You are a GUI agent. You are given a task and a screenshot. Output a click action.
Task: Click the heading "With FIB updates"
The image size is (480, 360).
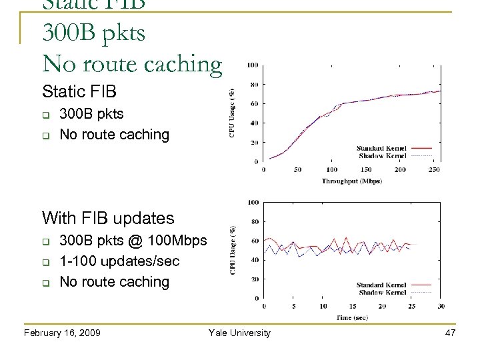(x=108, y=218)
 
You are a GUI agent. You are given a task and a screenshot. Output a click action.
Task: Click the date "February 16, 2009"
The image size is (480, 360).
(x=62, y=333)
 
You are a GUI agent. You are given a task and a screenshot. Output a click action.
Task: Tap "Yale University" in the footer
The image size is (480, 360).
(x=239, y=333)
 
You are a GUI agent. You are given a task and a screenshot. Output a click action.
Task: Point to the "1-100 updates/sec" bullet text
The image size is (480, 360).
(x=119, y=261)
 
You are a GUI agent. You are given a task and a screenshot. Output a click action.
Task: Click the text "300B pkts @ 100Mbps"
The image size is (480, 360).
(x=133, y=240)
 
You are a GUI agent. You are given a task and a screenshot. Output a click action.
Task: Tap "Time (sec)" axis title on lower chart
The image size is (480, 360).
(x=351, y=318)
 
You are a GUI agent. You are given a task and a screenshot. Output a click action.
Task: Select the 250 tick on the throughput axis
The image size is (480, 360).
(x=434, y=170)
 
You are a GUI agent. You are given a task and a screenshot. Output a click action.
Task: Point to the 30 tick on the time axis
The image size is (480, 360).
(x=440, y=307)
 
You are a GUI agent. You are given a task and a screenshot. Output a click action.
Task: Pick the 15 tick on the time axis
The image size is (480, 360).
(x=352, y=307)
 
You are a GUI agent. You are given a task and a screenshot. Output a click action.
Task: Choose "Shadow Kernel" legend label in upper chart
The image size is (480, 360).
(x=383, y=155)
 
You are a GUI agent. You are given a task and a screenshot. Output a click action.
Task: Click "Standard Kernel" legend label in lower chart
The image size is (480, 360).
(x=381, y=285)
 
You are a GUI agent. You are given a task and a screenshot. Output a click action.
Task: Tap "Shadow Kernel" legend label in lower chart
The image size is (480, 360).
(x=383, y=293)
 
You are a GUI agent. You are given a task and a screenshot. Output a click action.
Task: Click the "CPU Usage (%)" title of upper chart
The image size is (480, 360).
(x=232, y=113)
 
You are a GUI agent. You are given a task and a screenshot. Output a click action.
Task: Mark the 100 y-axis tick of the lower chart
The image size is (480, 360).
(x=254, y=202)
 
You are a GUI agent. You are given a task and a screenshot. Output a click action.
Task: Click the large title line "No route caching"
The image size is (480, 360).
(x=132, y=63)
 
